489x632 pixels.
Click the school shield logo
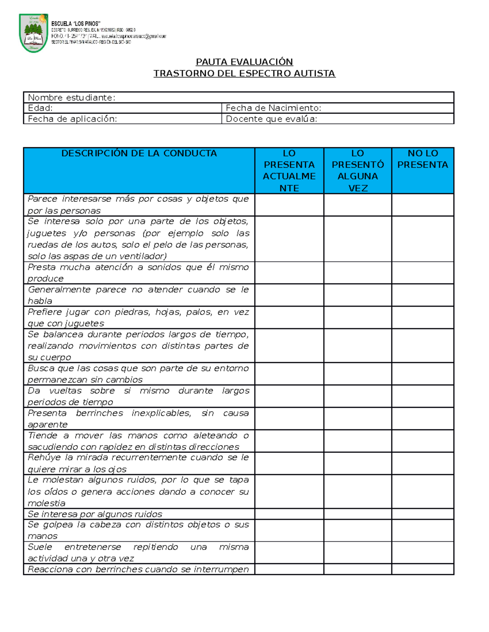[x=33, y=33]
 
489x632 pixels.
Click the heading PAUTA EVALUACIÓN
[x=244, y=62]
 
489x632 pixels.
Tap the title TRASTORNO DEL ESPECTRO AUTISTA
[x=244, y=73]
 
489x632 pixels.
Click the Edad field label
[x=40, y=108]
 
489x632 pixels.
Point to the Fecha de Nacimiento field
[x=337, y=108]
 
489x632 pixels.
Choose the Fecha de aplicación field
[x=122, y=119]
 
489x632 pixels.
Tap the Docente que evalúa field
[x=337, y=119]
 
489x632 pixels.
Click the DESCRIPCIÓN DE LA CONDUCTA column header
[x=139, y=153]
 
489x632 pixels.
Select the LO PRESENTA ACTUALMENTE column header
[x=289, y=171]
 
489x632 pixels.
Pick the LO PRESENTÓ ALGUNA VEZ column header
[x=357, y=171]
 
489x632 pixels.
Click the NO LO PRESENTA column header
[x=423, y=159]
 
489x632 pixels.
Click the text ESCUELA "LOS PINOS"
[x=76, y=24]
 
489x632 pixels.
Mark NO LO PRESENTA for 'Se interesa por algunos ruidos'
[x=423, y=514]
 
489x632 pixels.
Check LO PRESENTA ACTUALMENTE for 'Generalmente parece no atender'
[x=289, y=295]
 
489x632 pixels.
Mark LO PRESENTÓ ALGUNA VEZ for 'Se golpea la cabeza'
[x=357, y=530]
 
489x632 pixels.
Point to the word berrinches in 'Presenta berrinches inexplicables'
[x=99, y=413]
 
